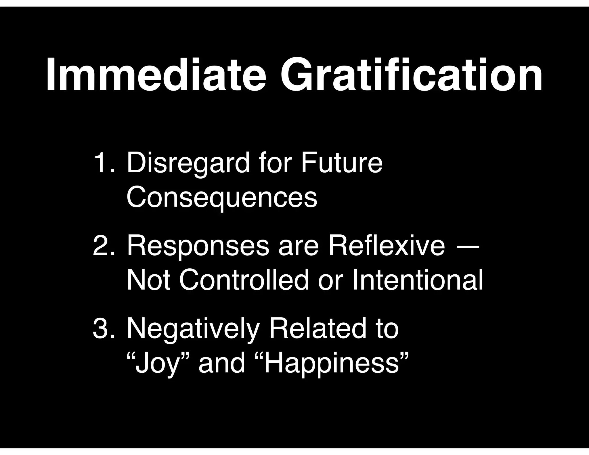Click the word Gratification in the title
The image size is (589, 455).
[x=411, y=75]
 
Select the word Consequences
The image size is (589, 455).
[x=222, y=198]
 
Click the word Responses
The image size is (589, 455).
[x=198, y=247]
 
